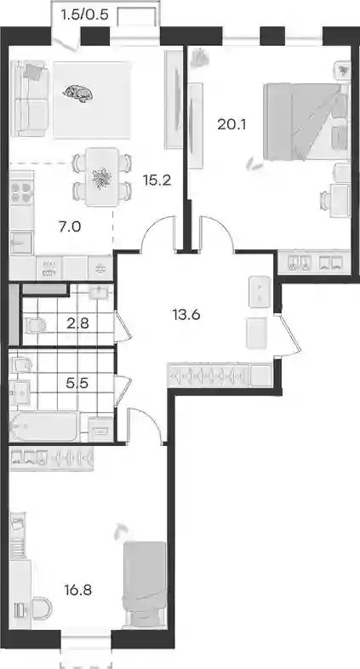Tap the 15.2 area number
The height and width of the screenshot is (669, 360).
pyautogui.click(x=157, y=180)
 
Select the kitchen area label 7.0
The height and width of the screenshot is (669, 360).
pyautogui.click(x=70, y=226)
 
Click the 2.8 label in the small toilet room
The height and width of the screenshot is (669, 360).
pyautogui.click(x=77, y=323)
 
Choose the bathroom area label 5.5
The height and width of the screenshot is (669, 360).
pyautogui.click(x=77, y=383)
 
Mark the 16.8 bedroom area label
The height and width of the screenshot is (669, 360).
pyautogui.click(x=77, y=591)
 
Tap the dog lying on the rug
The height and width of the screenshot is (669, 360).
pyautogui.click(x=77, y=93)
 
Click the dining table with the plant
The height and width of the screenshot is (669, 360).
pyautogui.click(x=101, y=176)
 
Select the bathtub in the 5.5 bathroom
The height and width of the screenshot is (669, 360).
pyautogui.click(x=44, y=426)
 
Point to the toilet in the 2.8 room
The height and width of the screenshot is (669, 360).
pyautogui.click(x=36, y=326)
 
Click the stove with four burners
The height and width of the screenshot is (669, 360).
pyautogui.click(x=22, y=192)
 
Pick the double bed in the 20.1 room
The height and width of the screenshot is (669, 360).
pyautogui.click(x=306, y=122)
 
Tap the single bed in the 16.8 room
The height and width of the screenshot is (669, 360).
pyautogui.click(x=144, y=585)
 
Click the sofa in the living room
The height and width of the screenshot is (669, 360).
pyautogui.click(x=28, y=99)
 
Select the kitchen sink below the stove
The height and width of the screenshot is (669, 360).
pyautogui.click(x=21, y=243)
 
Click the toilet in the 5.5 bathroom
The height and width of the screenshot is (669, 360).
pyautogui.click(x=21, y=366)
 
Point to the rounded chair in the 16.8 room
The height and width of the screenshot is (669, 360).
pyautogui.click(x=41, y=608)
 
